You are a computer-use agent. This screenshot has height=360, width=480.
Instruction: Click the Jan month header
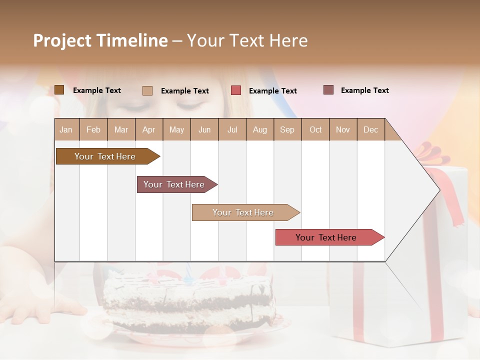66,129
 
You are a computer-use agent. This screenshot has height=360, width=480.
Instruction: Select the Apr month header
148,129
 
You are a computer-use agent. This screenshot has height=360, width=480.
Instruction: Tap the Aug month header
259,129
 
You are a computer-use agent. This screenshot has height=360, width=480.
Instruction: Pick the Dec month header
370,129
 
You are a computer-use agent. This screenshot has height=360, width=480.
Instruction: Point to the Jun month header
204,129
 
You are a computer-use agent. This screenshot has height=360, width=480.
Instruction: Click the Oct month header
315,129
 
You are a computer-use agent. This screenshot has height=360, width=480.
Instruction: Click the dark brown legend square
59,90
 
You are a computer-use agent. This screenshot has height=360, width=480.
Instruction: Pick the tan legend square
147,90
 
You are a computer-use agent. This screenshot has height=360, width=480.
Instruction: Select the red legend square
236,90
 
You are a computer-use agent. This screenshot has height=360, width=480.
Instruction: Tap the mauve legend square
328,90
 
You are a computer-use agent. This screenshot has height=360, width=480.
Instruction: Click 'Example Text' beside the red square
272,91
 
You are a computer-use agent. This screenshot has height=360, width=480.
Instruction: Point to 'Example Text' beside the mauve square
364,90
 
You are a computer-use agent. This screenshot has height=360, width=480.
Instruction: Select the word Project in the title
61,40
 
